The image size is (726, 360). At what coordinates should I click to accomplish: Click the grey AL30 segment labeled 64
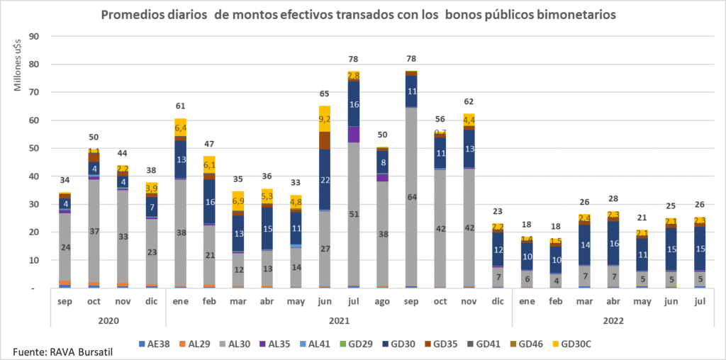[411, 196]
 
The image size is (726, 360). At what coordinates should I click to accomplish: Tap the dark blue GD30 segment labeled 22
[324, 180]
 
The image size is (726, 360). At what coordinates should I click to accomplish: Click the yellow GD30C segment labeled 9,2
[324, 119]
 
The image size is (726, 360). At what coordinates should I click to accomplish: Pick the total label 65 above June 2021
[324, 94]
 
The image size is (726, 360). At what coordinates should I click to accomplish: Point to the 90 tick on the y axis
[33, 36]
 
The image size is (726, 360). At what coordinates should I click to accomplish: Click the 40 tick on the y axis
[33, 176]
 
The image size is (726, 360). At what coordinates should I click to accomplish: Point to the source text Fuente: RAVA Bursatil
[62, 351]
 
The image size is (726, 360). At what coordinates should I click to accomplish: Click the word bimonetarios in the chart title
[573, 15]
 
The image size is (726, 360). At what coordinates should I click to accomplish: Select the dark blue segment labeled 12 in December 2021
[498, 249]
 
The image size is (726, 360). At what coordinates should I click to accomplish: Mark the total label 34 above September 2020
[64, 179]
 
